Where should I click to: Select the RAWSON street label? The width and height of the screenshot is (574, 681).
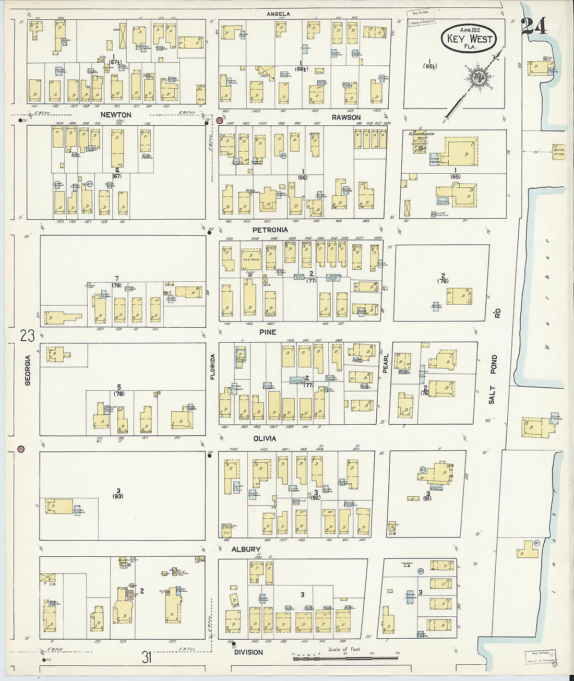coord(346,117)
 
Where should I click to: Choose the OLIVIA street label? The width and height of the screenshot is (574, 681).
coord(264,439)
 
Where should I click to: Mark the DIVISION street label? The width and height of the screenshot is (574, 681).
coord(248,652)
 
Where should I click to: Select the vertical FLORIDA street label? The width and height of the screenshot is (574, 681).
coord(212,366)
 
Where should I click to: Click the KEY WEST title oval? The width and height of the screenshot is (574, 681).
coord(468,39)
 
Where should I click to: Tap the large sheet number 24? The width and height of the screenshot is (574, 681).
coord(534,27)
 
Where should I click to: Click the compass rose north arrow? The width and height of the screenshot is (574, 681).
coord(476,78)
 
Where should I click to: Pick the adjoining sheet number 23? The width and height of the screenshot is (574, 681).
coord(27,336)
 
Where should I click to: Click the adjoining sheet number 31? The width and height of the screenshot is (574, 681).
coord(147,656)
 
